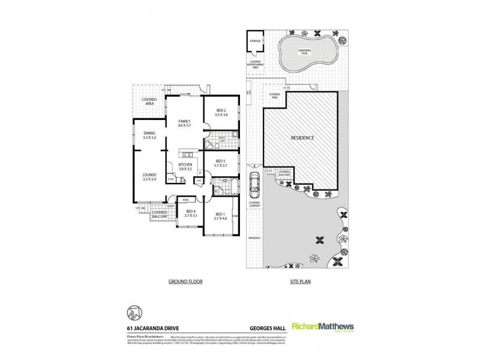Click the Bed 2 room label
(x=221, y=113)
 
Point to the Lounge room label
(x=149, y=177)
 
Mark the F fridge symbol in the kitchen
(x=200, y=173)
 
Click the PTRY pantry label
(x=170, y=178)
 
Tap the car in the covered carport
(x=254, y=184)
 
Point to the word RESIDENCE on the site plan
(x=303, y=137)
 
